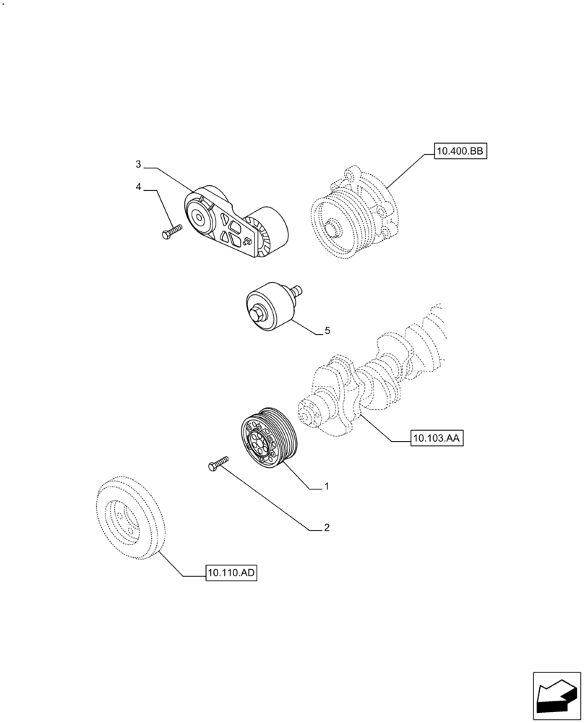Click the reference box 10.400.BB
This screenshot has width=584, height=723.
460,152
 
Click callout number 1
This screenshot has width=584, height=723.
326,487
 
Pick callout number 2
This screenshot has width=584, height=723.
326,528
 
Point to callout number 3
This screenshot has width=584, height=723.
137,165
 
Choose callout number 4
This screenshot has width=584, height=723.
137,187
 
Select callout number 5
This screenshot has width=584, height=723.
327,330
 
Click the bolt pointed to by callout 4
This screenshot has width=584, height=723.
170,231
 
